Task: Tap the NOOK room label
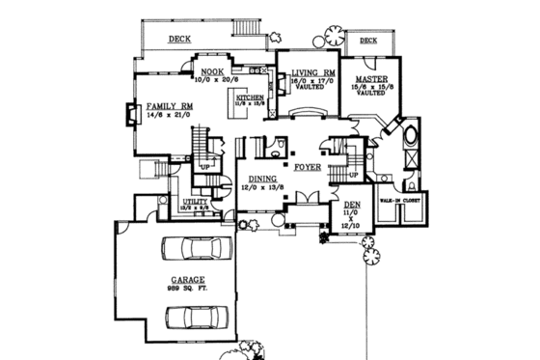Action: (212, 71)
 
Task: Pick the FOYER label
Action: (307, 165)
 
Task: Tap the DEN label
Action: (351, 205)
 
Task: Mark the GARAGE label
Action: (181, 280)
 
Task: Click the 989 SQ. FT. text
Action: (181, 290)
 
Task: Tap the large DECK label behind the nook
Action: (179, 41)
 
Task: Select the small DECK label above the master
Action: (369, 41)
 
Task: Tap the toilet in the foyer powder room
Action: (276, 147)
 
